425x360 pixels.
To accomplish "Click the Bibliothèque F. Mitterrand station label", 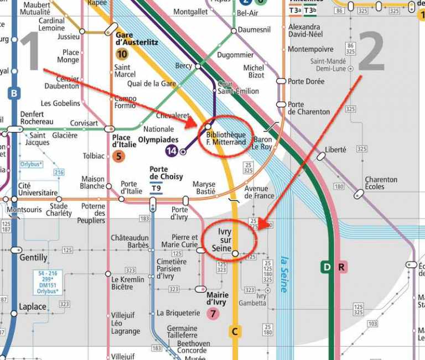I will [225, 138].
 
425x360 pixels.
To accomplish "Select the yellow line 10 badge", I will [122, 54].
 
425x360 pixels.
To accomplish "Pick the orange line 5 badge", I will [118, 156].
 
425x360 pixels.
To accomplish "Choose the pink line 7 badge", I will [212, 314].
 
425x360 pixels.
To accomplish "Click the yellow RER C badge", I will [235, 331].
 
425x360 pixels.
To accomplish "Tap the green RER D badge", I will [326, 268].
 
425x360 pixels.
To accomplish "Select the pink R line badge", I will [341, 268].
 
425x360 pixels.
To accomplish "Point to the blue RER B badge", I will [14, 93].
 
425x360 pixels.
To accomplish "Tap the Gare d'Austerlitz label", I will [137, 38].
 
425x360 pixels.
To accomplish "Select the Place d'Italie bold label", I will [125, 141].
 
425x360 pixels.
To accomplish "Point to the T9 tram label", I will [157, 188].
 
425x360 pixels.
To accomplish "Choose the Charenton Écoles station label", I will [381, 183].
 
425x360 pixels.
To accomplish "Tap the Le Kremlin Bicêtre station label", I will [128, 283].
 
